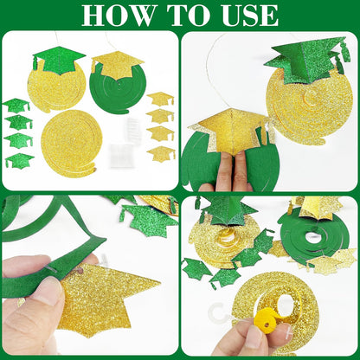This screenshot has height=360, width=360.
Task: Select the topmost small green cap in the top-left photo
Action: (16, 105)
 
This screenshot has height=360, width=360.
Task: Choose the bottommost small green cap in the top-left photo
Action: (19, 160)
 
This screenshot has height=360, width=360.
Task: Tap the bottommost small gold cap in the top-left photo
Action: (161, 153)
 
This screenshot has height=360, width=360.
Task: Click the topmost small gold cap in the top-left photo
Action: (160, 99)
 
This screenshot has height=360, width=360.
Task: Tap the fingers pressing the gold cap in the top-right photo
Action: (228, 170)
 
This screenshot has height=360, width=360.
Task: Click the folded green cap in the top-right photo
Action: (305, 59)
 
